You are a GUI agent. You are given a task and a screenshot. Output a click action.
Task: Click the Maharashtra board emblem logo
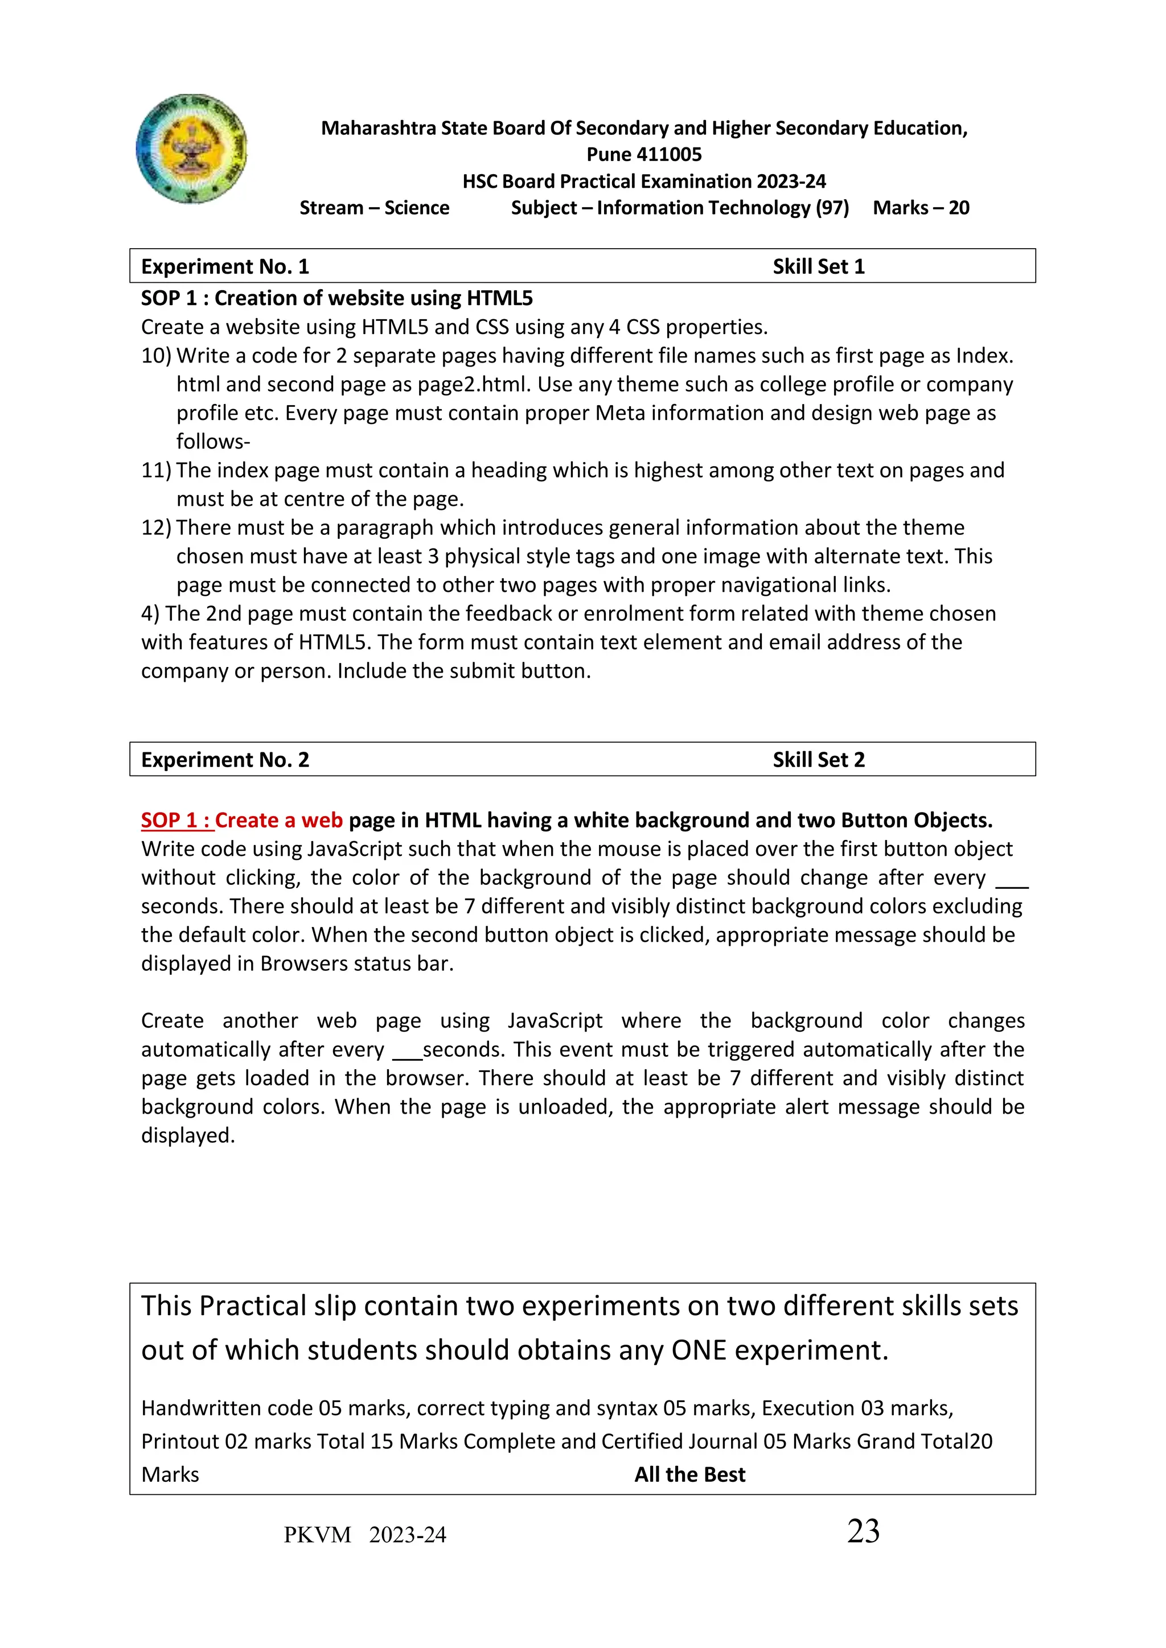coord(191,149)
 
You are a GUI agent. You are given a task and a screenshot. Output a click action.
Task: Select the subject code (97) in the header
coord(831,208)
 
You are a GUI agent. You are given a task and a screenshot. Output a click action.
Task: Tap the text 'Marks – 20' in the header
coord(921,208)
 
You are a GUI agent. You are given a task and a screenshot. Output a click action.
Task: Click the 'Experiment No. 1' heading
coord(225,267)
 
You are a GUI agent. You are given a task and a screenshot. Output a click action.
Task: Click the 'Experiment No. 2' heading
coord(225,760)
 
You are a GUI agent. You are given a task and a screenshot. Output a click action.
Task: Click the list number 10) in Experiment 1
coord(156,356)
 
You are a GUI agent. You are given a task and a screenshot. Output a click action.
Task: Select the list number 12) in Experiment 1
coord(156,528)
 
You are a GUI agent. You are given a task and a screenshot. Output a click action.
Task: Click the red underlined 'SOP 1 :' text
coord(176,821)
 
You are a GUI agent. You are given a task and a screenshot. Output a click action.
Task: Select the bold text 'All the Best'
coord(689,1475)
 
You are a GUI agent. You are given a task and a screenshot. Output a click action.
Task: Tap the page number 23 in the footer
coord(863,1532)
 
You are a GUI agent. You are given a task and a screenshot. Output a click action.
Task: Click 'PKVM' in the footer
coord(317,1535)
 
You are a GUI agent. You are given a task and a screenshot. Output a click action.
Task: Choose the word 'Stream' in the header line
coord(331,208)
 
